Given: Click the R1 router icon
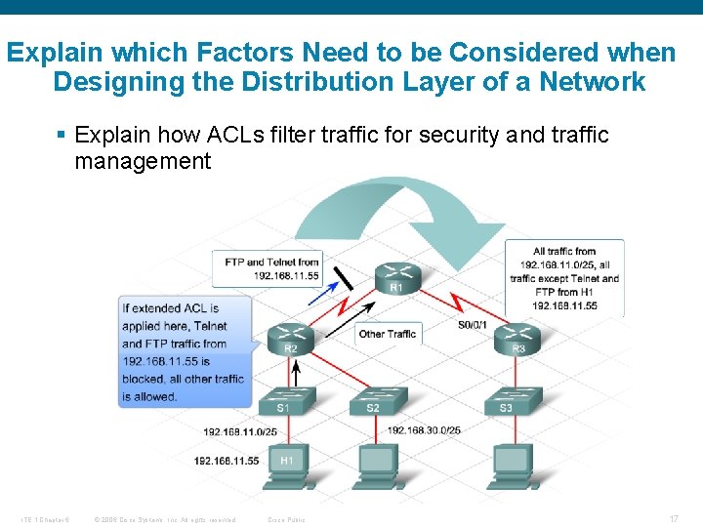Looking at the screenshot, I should pyautogui.click(x=396, y=276).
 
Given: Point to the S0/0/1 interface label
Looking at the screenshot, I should pyautogui.click(x=472, y=325).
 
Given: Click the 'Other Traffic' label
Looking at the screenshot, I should pyautogui.click(x=387, y=334).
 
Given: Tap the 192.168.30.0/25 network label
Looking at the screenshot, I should pyautogui.click(x=424, y=430).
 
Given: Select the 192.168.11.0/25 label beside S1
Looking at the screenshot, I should pyautogui.click(x=240, y=431).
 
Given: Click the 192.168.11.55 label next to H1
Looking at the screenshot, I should pyautogui.click(x=227, y=461).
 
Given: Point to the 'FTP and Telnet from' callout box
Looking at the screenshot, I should pyautogui.click(x=271, y=268).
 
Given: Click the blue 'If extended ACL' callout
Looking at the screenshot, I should pyautogui.click(x=183, y=351).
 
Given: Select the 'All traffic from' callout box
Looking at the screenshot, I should pyautogui.click(x=564, y=278).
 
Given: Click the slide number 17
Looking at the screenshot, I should pyautogui.click(x=674, y=519).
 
